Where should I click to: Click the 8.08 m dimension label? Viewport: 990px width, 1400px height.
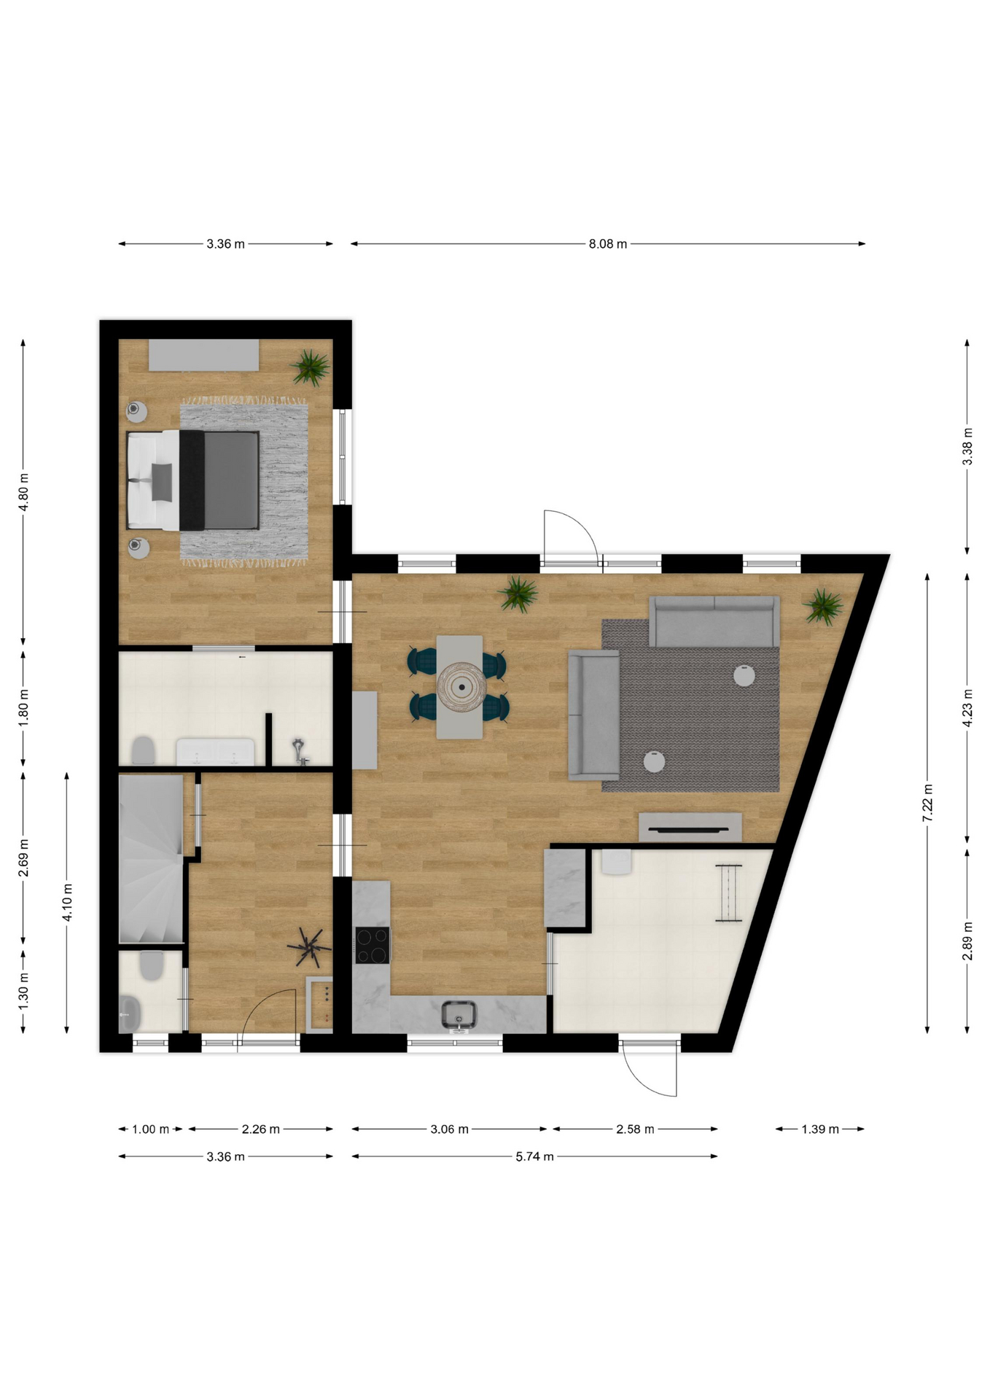607,244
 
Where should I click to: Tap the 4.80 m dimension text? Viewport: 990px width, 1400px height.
24,492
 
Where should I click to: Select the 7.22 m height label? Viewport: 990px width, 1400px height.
927,803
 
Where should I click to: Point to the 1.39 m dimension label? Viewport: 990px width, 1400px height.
820,1129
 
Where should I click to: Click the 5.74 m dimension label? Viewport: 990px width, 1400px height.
534,1156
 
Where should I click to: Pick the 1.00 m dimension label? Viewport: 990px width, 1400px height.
150,1129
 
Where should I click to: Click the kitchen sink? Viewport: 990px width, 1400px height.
459,1016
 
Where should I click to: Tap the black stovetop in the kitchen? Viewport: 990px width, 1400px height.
373,945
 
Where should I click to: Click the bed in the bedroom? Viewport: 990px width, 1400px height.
192,480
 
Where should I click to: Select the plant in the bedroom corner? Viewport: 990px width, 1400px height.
311,367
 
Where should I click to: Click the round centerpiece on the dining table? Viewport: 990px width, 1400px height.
461,686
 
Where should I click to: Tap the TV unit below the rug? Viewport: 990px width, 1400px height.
690,828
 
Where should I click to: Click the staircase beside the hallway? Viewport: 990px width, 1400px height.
151,859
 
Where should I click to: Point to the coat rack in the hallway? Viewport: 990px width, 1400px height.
309,947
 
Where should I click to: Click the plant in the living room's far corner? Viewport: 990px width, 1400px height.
824,607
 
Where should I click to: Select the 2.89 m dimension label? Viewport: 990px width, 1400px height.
967,941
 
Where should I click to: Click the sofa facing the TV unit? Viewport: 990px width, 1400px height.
714,621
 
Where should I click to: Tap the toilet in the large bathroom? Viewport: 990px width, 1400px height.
143,750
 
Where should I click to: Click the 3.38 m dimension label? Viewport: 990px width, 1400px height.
967,446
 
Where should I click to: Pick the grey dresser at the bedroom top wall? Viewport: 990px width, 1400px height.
204,354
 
